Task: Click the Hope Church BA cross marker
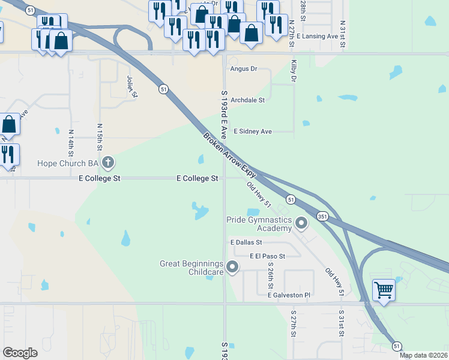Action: pyautogui.click(x=108, y=162)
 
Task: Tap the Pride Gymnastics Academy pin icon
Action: pyautogui.click(x=301, y=224)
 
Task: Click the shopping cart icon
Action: pyautogui.click(x=384, y=290)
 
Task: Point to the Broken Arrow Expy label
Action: pyautogui.click(x=230, y=154)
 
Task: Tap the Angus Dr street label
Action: pyautogui.click(x=244, y=69)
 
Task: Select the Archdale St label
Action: pyautogui.click(x=248, y=100)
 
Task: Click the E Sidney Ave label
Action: pyautogui.click(x=253, y=131)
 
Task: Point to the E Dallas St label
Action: pyautogui.click(x=247, y=242)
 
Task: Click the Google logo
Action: pyautogui.click(x=20, y=353)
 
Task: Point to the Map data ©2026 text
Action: pyautogui.click(x=423, y=355)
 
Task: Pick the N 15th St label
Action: pyautogui.click(x=100, y=137)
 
